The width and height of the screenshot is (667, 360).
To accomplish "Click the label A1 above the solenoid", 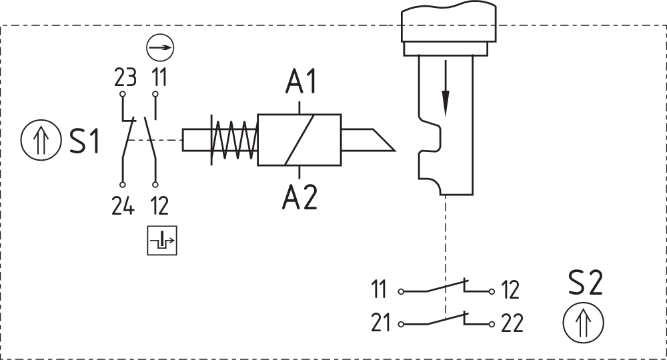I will [300, 82].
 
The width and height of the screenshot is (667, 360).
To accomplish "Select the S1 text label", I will [85, 142].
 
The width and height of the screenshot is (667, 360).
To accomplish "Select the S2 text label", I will [585, 283].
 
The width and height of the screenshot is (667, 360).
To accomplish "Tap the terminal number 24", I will [123, 207].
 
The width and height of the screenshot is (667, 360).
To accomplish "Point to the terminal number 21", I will [382, 324].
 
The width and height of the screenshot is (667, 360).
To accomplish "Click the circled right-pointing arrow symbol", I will [160, 49].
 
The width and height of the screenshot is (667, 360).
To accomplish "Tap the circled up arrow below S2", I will [584, 323].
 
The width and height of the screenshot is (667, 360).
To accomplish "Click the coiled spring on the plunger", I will [232, 140].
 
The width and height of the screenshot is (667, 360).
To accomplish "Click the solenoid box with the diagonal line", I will [299, 140].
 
